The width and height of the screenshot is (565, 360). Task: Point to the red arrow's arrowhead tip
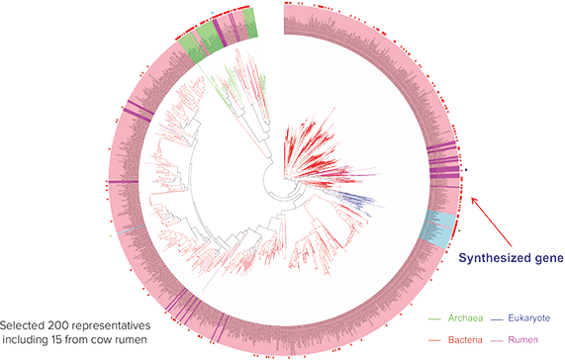473,197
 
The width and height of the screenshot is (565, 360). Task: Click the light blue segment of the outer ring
437,226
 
